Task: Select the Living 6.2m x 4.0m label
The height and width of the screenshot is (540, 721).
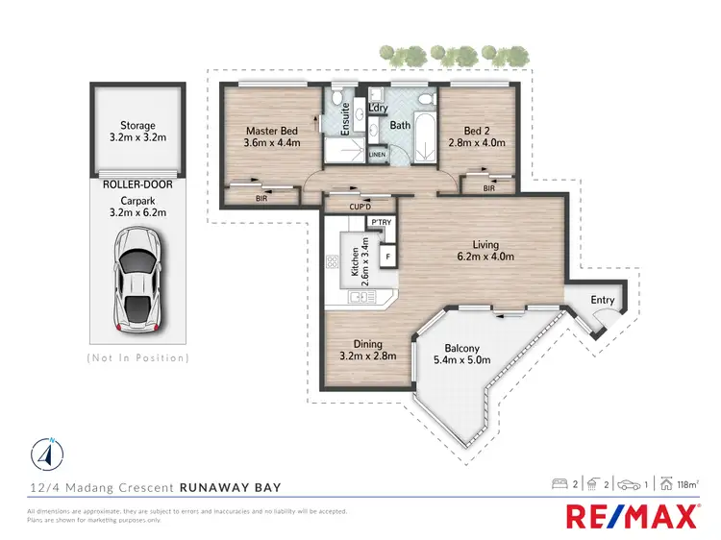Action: tap(485, 251)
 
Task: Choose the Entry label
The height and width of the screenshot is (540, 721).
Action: tap(603, 301)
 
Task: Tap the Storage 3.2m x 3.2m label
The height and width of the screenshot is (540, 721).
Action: tap(137, 132)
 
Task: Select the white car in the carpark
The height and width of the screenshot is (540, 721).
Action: tap(137, 279)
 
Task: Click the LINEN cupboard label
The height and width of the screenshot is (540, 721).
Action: tap(377, 154)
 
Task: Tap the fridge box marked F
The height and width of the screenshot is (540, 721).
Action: tap(388, 257)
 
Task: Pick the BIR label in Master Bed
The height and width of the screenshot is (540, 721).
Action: tap(261, 199)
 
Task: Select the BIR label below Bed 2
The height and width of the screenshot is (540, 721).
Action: tap(489, 188)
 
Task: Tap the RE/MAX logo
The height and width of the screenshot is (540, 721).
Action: tap(631, 517)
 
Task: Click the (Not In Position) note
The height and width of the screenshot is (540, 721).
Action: tap(137, 357)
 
